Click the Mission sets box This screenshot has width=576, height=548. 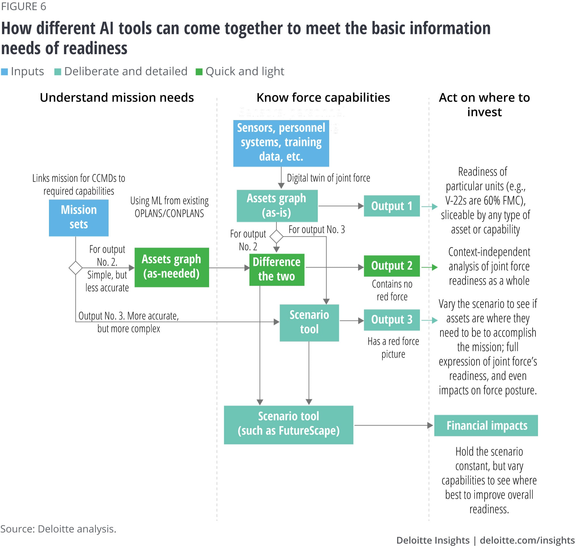[x=79, y=218]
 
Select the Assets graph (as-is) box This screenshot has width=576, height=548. [x=277, y=206]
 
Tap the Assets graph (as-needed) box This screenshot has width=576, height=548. [x=172, y=267]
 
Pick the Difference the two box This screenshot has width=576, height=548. [x=276, y=269]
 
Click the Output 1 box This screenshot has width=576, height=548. [x=391, y=206]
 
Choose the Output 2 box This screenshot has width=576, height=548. [x=391, y=266]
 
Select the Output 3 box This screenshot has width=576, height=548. [x=391, y=320]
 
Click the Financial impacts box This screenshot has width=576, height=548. [x=486, y=425]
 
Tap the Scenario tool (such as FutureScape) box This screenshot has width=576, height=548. [x=288, y=424]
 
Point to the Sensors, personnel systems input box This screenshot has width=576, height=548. [x=281, y=143]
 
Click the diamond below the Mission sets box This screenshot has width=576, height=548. [x=75, y=268]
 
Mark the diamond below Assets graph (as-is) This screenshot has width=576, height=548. [x=276, y=236]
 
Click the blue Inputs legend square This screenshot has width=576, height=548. [x=4, y=72]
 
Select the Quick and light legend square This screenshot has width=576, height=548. [x=199, y=72]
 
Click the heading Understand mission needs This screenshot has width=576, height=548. [x=117, y=98]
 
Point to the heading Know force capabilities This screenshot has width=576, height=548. [x=323, y=98]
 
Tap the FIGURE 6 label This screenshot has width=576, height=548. [x=24, y=6]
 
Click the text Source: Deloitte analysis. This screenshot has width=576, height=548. [x=58, y=529]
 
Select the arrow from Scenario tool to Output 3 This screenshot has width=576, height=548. [x=351, y=321]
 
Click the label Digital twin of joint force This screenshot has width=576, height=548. [x=328, y=178]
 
